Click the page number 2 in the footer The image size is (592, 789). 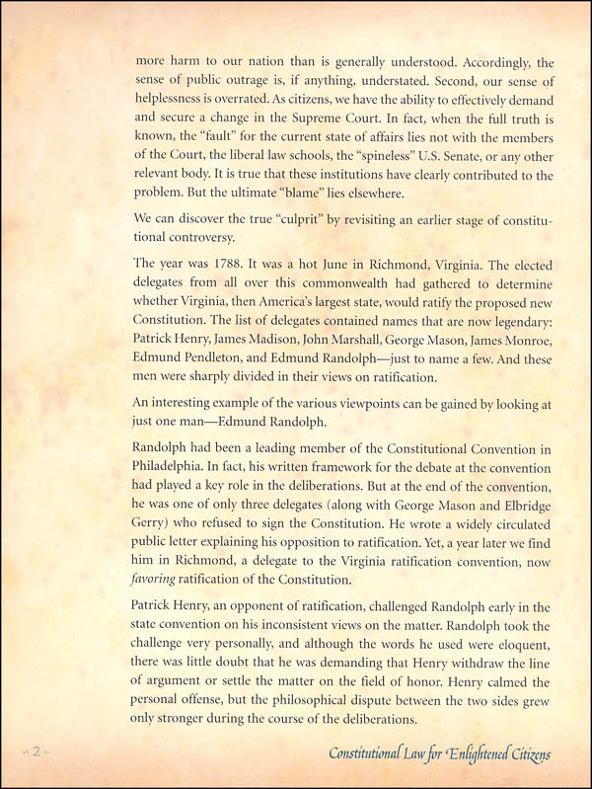[x=34, y=752]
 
